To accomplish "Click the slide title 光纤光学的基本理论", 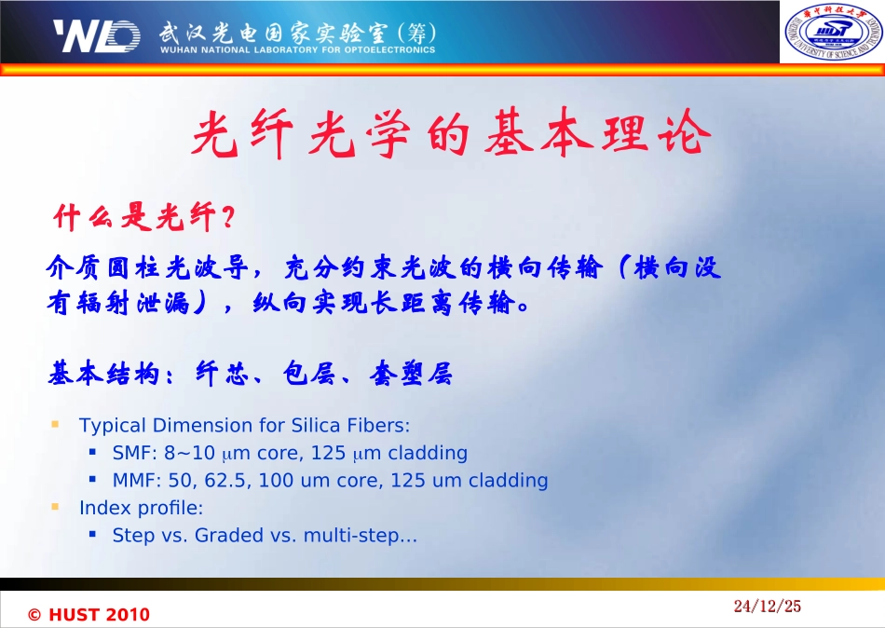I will [x=451, y=137].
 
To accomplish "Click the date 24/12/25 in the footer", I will [x=767, y=607].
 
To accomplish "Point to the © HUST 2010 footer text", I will [x=88, y=615].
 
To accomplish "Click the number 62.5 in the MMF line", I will [x=231, y=481].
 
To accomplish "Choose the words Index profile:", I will [x=141, y=509].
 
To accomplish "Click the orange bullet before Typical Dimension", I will [x=56, y=425].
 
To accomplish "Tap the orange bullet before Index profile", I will [x=56, y=508].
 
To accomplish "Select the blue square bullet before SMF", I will [x=93, y=453].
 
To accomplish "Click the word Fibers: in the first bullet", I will [x=376, y=426].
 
